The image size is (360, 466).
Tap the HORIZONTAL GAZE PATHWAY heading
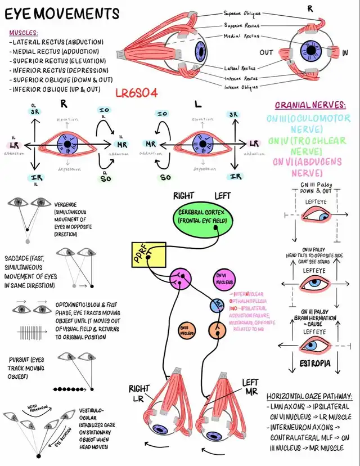pyautogui.click(x=309, y=396)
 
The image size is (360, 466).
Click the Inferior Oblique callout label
pyautogui.click(x=241, y=87)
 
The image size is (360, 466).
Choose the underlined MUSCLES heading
pyautogui.click(x=24, y=33)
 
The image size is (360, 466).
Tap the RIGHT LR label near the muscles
pyautogui.click(x=139, y=393)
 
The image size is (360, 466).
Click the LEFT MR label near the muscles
pyautogui.click(x=250, y=387)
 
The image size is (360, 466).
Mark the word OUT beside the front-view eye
pyautogui.click(x=267, y=52)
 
